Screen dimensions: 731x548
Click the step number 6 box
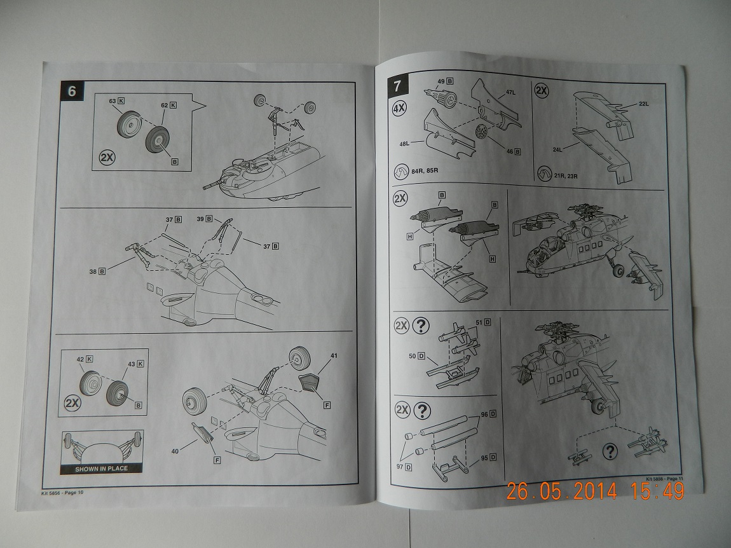pos(71,91)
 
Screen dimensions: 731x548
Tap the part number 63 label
pos(113,101)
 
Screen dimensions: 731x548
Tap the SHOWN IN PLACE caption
pos(102,469)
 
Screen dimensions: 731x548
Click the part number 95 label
pos(484,457)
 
